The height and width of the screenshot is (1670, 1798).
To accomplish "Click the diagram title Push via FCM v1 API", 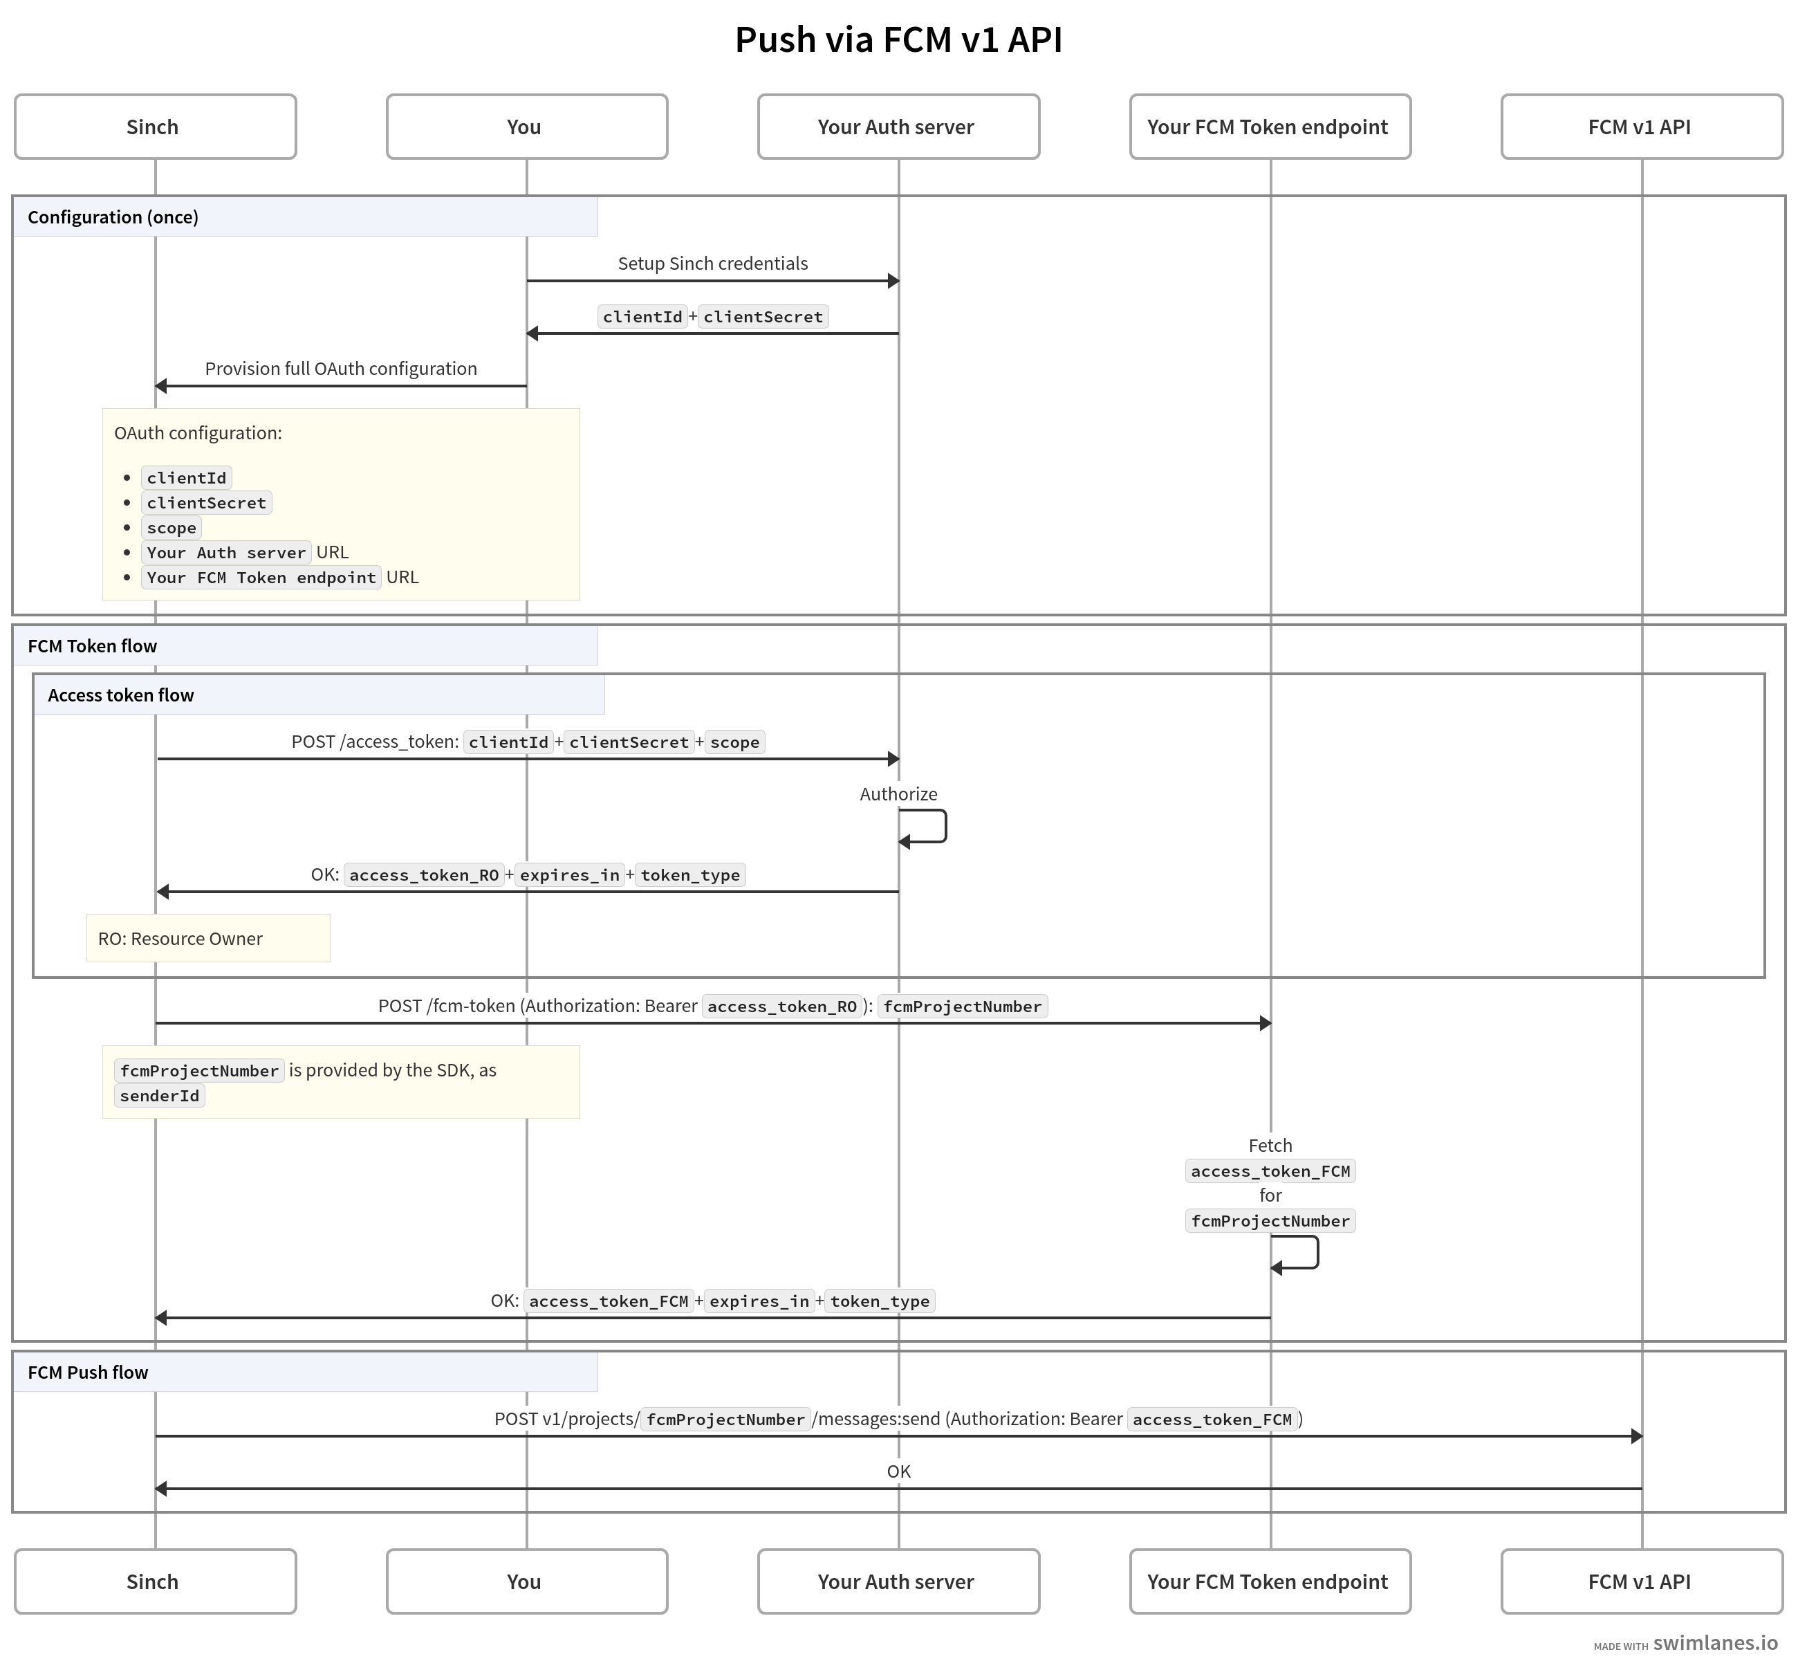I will coord(898,39).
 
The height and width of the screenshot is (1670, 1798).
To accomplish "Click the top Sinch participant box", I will coord(154,127).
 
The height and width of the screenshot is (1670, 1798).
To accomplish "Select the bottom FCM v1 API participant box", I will coord(1641,1581).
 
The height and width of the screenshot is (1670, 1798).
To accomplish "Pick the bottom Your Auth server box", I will coord(897,1581).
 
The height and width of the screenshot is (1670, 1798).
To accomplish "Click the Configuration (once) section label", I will coord(113,217).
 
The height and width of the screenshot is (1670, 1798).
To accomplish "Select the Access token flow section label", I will coord(121,695).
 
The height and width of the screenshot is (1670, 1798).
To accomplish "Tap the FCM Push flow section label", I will coord(88,1372).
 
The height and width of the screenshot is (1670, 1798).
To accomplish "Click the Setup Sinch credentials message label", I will coord(712,263).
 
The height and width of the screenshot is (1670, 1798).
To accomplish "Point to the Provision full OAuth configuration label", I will coord(341,369).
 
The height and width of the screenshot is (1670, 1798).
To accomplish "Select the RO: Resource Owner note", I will coord(180,939).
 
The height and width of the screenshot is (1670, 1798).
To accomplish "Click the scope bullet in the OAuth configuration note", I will coord(172,528).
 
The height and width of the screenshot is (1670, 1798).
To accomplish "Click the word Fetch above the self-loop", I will coord(1270,1145).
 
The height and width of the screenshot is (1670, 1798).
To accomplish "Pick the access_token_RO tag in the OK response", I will coord(424,874).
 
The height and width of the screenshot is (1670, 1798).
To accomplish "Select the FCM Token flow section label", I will coord(92,646).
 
